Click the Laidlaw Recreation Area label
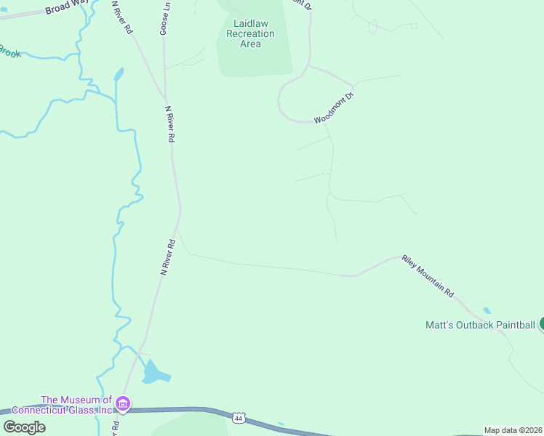point(250,33)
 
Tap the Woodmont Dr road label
point(334,108)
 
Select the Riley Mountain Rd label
point(428,276)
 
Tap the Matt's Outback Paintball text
point(480,325)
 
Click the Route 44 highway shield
point(239,418)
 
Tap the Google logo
point(24,427)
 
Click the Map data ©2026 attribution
point(513,430)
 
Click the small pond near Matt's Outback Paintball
point(487,311)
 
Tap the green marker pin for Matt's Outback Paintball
point(542,324)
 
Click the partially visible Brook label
point(9,51)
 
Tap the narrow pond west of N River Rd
point(118,74)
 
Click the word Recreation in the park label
point(250,33)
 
